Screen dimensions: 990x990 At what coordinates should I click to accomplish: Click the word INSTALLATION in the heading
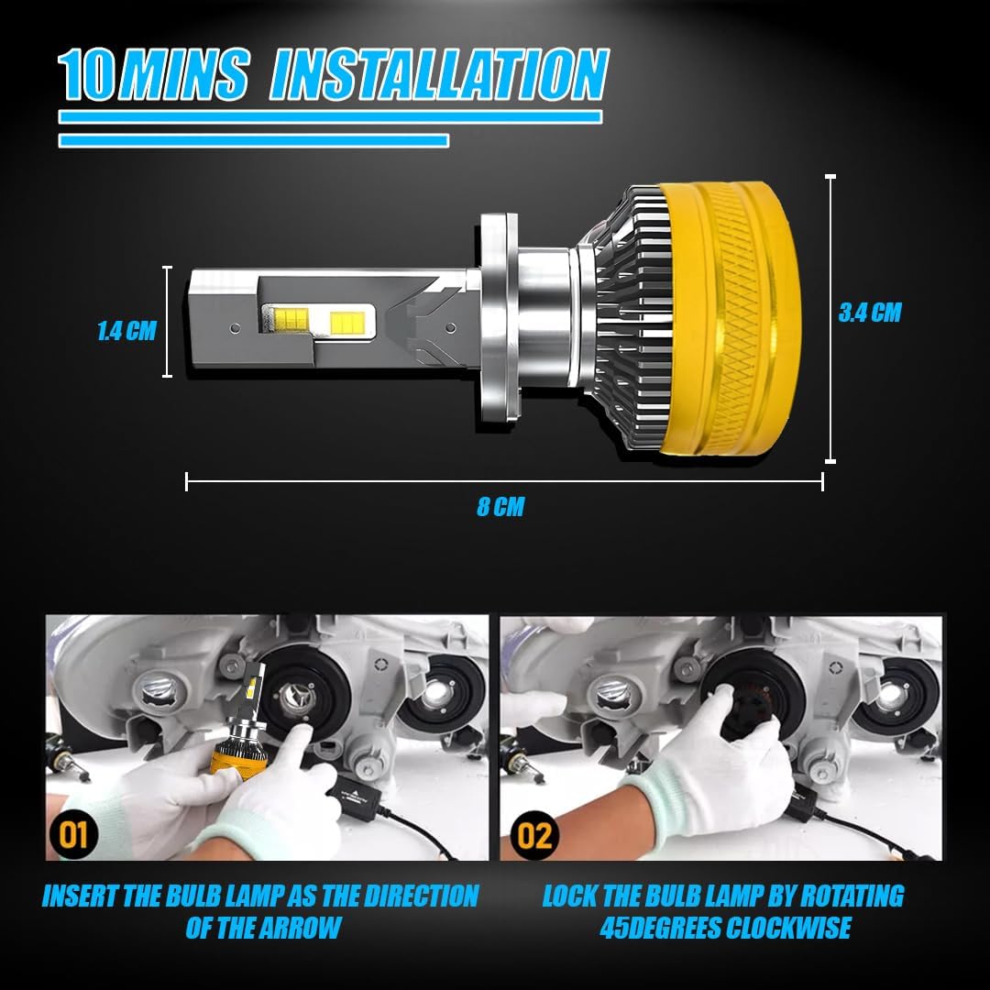click(438, 75)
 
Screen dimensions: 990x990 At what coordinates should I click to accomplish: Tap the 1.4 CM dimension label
click(126, 331)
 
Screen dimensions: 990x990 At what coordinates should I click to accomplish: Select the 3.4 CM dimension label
click(869, 313)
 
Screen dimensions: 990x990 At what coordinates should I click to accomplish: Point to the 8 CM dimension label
click(500, 507)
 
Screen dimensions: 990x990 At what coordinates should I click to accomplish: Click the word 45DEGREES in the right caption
click(660, 927)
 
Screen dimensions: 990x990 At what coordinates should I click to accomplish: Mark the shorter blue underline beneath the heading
click(253, 140)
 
